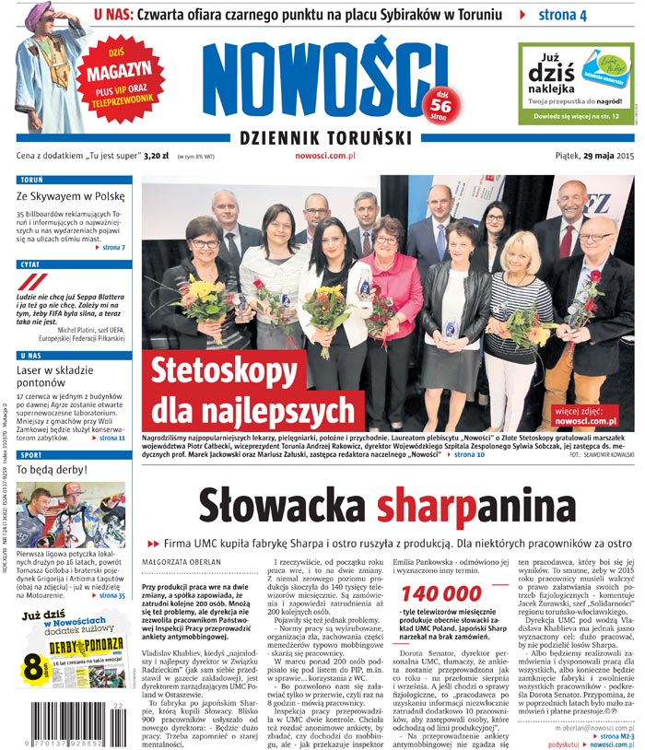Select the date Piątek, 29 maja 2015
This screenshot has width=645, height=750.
[x=595, y=157]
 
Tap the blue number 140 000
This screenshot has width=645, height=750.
[x=442, y=593]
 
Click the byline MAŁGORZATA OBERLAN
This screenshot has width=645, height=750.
[x=180, y=560]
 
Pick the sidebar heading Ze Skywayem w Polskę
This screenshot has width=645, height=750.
[x=70, y=196]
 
